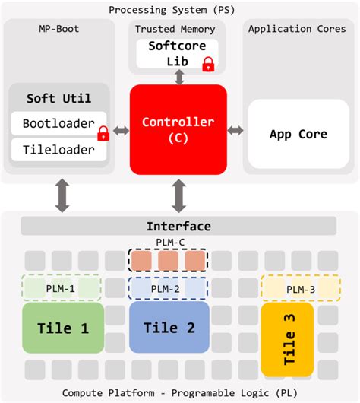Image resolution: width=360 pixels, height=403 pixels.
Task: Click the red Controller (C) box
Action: click(178, 129)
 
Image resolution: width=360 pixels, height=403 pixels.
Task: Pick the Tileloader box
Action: click(53, 149)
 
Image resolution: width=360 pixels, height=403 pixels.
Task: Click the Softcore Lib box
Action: click(171, 52)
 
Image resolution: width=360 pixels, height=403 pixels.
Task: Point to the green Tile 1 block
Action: click(63, 328)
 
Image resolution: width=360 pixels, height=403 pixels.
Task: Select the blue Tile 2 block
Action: click(169, 328)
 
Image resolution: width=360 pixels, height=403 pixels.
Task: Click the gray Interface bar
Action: click(178, 226)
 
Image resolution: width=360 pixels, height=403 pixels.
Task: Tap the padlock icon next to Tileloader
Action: click(103, 135)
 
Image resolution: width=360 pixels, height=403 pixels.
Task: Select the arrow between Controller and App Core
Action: click(235, 131)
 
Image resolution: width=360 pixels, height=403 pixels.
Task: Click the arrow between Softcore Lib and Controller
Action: click(178, 77)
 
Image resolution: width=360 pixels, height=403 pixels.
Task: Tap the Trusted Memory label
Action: click(175, 29)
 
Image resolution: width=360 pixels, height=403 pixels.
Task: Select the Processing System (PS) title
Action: click(179, 10)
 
